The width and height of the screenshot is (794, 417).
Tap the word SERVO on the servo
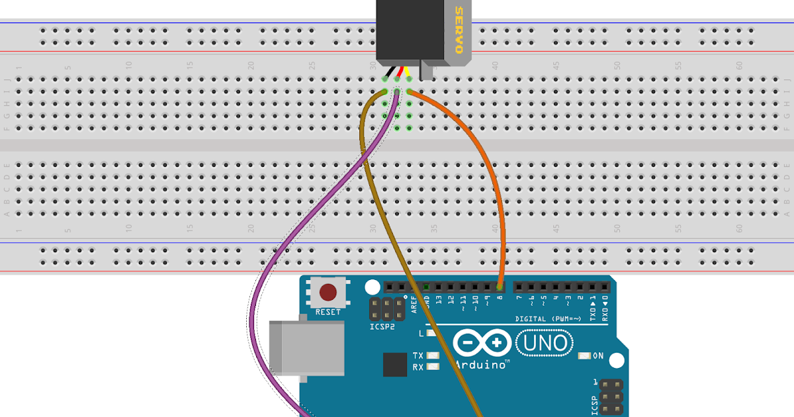(x=458, y=31)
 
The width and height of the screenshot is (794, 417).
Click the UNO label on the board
(x=545, y=343)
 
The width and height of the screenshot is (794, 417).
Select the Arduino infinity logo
(x=481, y=343)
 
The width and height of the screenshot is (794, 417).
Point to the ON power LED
(x=584, y=356)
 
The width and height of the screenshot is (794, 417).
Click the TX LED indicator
(x=433, y=355)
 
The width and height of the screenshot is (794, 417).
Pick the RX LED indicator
(x=433, y=367)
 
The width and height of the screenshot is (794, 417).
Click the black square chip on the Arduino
(x=395, y=365)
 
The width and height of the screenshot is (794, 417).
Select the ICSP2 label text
(x=383, y=326)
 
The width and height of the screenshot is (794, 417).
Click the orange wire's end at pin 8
(x=500, y=287)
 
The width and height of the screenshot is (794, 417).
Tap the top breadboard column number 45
(x=556, y=66)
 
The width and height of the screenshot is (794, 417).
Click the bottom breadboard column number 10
(x=128, y=228)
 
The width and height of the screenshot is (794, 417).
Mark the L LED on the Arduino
(x=433, y=334)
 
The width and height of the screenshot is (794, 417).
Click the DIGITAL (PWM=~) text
(x=548, y=319)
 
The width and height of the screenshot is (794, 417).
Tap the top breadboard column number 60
(x=739, y=66)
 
